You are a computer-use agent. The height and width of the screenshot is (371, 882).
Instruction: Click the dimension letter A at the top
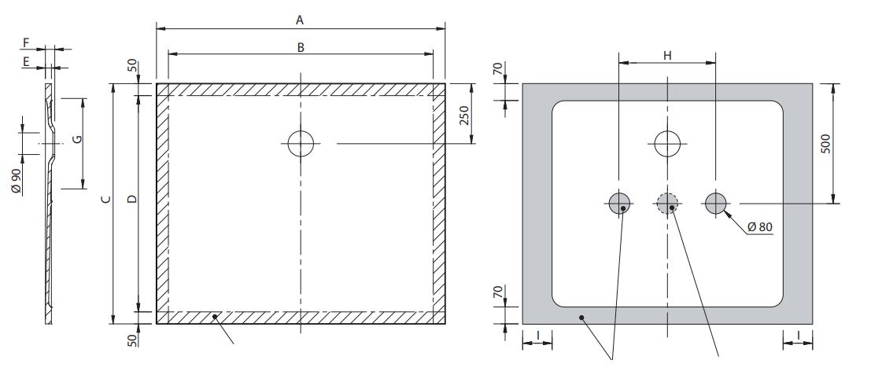[x=301, y=19]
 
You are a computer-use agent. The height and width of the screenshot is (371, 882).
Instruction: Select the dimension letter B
[x=301, y=46]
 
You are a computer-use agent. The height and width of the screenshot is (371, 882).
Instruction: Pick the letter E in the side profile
[x=27, y=61]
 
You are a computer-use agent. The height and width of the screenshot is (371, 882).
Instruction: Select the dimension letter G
[x=76, y=140]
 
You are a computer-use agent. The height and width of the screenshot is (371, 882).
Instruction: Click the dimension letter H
[x=667, y=55]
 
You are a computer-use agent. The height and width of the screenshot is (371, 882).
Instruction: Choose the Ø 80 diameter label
[x=759, y=227]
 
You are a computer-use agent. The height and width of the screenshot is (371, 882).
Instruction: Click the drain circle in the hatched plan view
[x=301, y=144]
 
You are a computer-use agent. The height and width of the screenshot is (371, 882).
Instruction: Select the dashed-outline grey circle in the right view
[x=667, y=204]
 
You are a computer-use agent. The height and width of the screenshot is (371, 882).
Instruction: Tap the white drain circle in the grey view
[x=667, y=144]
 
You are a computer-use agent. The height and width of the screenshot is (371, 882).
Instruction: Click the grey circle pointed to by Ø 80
[x=715, y=204]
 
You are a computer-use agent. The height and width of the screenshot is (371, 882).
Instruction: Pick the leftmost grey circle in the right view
[x=619, y=204]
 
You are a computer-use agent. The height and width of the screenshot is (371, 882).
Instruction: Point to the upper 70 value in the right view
[x=496, y=70]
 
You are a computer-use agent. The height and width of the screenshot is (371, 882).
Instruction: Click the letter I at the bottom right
[x=799, y=336]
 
